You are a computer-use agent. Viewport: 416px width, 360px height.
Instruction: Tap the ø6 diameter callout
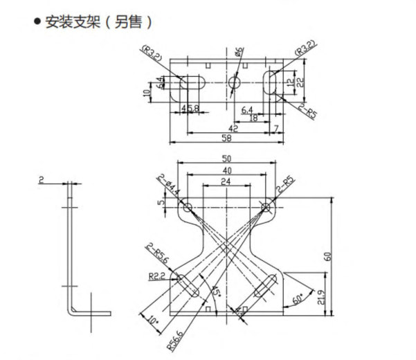(239, 52)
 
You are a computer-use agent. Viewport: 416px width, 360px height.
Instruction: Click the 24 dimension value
(226, 182)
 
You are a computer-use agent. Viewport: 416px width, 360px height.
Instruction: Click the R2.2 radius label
(156, 276)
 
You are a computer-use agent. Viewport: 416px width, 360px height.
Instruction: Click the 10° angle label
(154, 321)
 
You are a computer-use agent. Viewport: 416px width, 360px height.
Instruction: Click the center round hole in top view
(233, 83)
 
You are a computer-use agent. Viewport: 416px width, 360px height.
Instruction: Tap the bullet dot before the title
(37, 22)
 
